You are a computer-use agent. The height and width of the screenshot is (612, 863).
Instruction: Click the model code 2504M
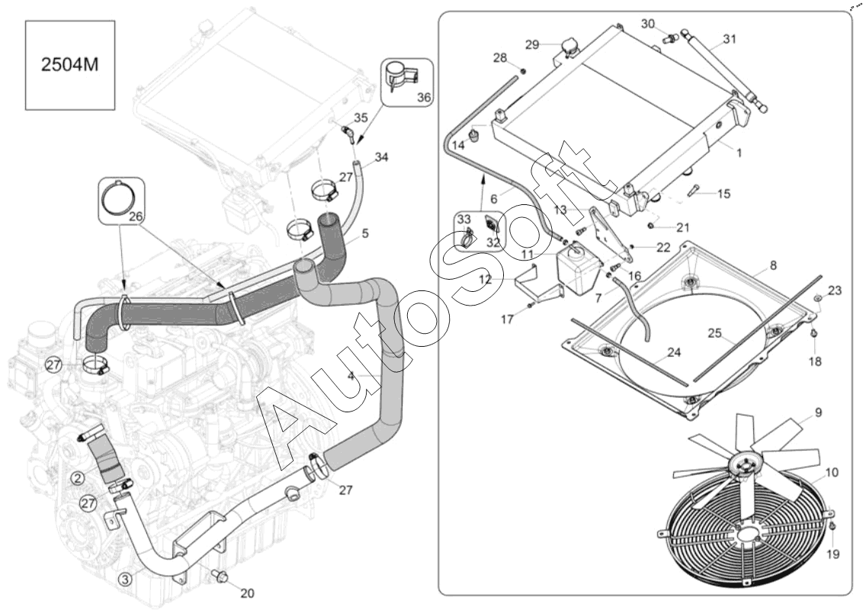click(70, 65)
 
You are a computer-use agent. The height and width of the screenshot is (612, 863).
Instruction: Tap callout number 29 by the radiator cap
click(531, 44)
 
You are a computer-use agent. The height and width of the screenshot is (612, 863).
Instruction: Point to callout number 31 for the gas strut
click(730, 39)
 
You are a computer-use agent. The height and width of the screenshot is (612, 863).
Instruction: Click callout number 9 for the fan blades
click(818, 412)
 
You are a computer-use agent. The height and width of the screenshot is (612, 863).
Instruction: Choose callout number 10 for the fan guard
click(832, 473)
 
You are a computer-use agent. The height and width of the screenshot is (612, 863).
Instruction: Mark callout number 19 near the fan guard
click(833, 554)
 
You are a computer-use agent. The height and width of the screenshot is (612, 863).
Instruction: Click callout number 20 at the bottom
click(247, 593)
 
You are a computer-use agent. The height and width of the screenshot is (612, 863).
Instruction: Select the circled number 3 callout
click(125, 579)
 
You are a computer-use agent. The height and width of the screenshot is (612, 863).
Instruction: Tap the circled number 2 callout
click(79, 479)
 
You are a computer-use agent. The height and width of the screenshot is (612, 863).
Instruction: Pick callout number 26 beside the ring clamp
click(136, 217)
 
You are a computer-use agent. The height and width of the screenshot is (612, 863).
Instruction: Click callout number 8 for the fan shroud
click(773, 266)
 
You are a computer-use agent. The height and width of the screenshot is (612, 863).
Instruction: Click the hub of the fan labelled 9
click(744, 464)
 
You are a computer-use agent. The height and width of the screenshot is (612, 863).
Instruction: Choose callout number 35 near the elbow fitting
click(361, 117)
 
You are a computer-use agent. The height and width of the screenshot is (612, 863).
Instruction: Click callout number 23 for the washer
click(835, 290)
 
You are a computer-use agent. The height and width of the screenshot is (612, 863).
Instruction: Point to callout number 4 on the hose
click(351, 376)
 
